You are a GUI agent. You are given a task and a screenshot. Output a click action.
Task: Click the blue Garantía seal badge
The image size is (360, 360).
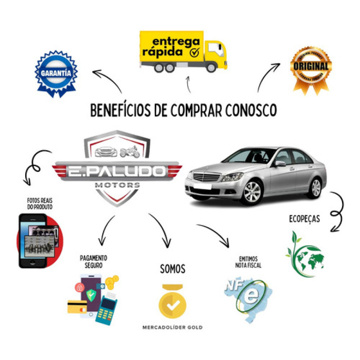click(56, 72)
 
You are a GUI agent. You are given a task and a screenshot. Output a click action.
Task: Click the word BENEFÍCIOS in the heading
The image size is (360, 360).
click(118, 110)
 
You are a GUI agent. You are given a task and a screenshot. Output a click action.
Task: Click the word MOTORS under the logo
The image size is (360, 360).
click(117, 185)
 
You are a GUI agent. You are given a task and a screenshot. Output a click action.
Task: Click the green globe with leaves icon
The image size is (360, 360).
click(306, 254)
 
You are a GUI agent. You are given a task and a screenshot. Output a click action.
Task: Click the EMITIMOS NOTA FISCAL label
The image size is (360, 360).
click(248, 262)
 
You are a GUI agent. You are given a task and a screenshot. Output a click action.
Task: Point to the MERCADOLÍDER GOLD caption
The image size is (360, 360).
click(172, 328)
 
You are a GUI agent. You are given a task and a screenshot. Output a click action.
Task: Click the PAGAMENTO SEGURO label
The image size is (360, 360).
click(94, 261)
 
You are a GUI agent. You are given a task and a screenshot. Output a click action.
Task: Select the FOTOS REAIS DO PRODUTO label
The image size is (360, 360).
click(39, 204)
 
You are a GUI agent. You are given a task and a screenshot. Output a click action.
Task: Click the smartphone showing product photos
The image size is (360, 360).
click(35, 241)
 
